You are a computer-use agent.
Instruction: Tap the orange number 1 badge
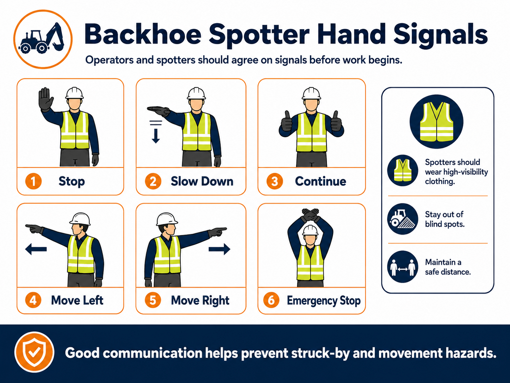click(x=33, y=181)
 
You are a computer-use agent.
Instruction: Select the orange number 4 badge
click(x=33, y=300)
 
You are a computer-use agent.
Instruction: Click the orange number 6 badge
click(x=271, y=300)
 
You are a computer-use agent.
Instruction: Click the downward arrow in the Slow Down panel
click(x=156, y=132)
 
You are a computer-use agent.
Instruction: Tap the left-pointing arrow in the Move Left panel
click(x=36, y=249)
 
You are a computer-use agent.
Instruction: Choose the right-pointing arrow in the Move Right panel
click(x=219, y=249)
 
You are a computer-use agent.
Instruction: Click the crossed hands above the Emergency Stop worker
click(x=310, y=215)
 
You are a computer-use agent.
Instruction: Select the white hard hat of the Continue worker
click(x=311, y=93)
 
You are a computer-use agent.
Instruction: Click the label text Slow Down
click(x=202, y=181)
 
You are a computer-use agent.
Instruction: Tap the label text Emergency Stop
click(x=324, y=300)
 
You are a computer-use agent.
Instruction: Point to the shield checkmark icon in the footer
click(x=35, y=352)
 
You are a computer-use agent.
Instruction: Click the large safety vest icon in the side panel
click(x=436, y=122)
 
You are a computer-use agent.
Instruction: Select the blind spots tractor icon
click(x=403, y=219)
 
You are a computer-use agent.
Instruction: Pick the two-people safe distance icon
click(x=403, y=267)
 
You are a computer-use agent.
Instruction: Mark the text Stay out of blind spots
click(x=444, y=219)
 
